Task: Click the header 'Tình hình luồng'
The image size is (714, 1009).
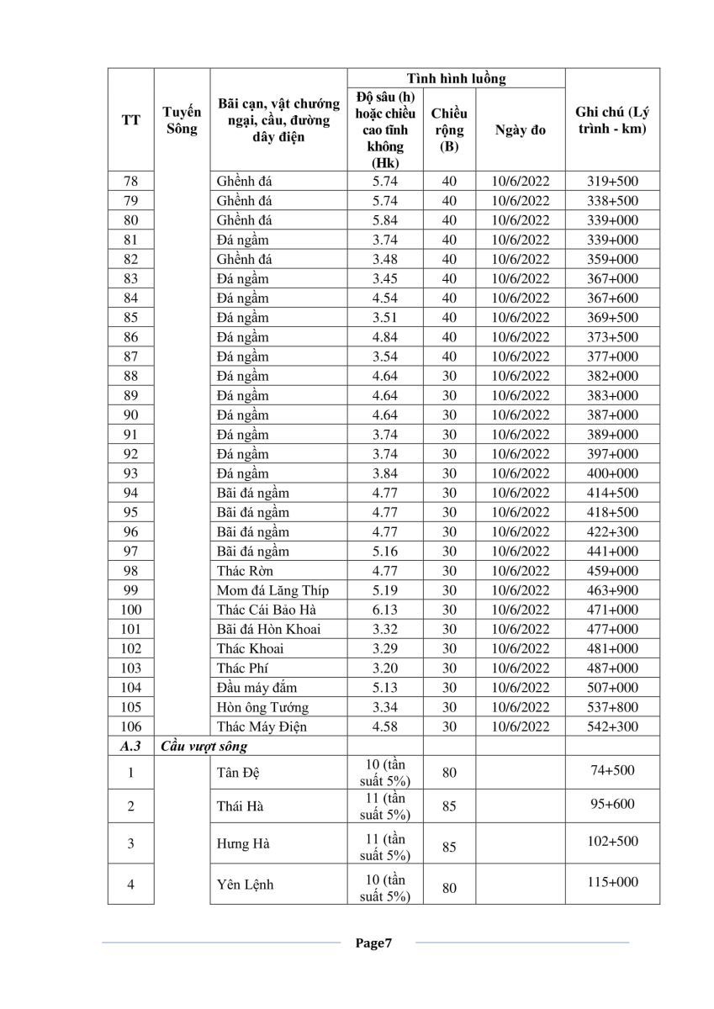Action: [x=456, y=79]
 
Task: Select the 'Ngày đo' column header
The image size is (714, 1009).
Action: [x=520, y=130]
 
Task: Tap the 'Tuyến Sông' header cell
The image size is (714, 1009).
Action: [x=182, y=120]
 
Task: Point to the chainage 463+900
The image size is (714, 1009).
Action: [x=611, y=590]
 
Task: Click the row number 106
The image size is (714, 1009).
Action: [x=131, y=726]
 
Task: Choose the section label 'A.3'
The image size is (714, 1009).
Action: [x=131, y=746]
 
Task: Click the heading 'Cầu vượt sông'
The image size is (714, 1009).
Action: [x=204, y=746]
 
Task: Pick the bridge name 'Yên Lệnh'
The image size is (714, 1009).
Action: [x=245, y=885]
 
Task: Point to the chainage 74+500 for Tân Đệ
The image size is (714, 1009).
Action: [x=611, y=769]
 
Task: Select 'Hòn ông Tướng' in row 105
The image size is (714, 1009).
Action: [x=262, y=707]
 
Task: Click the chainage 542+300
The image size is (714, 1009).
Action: [x=611, y=726]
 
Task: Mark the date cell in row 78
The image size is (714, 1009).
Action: [x=520, y=182]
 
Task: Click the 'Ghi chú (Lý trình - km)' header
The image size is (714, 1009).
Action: [x=611, y=120]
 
